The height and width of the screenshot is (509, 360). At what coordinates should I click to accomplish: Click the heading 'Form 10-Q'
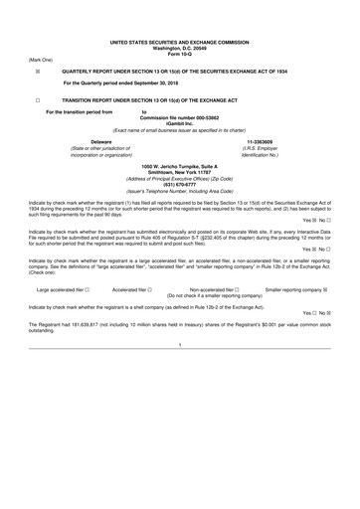coord(180,27)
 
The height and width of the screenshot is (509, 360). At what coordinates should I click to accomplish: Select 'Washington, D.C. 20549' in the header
coord(180,21)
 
